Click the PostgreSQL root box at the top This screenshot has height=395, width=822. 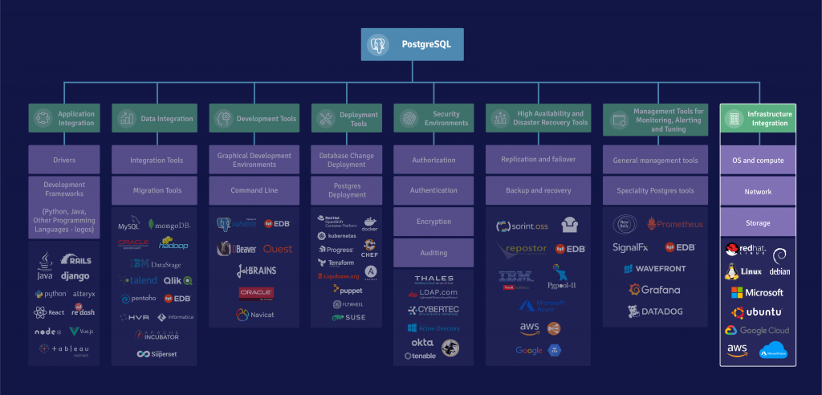pos(412,45)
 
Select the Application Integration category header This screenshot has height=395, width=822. pos(64,119)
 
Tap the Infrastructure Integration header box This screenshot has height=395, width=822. pos(758,119)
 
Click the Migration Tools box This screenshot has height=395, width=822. pos(156,191)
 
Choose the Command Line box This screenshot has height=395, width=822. pos(254,191)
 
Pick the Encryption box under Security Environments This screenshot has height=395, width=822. pos(433,222)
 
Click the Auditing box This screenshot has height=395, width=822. pos(433,252)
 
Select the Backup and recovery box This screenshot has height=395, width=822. pos(538,191)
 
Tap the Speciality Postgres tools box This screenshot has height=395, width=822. pos(655,191)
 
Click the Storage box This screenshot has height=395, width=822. pos(758,223)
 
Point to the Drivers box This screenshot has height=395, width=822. pos(64,160)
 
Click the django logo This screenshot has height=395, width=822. pos(75,276)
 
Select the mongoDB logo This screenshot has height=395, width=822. pos(171,226)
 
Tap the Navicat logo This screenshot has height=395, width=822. pos(254,315)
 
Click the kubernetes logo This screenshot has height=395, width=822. pos(336,236)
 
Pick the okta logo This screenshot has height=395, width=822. pos(422,343)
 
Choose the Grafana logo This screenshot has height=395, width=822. pos(654,290)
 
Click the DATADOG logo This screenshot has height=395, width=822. pos(654,311)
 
